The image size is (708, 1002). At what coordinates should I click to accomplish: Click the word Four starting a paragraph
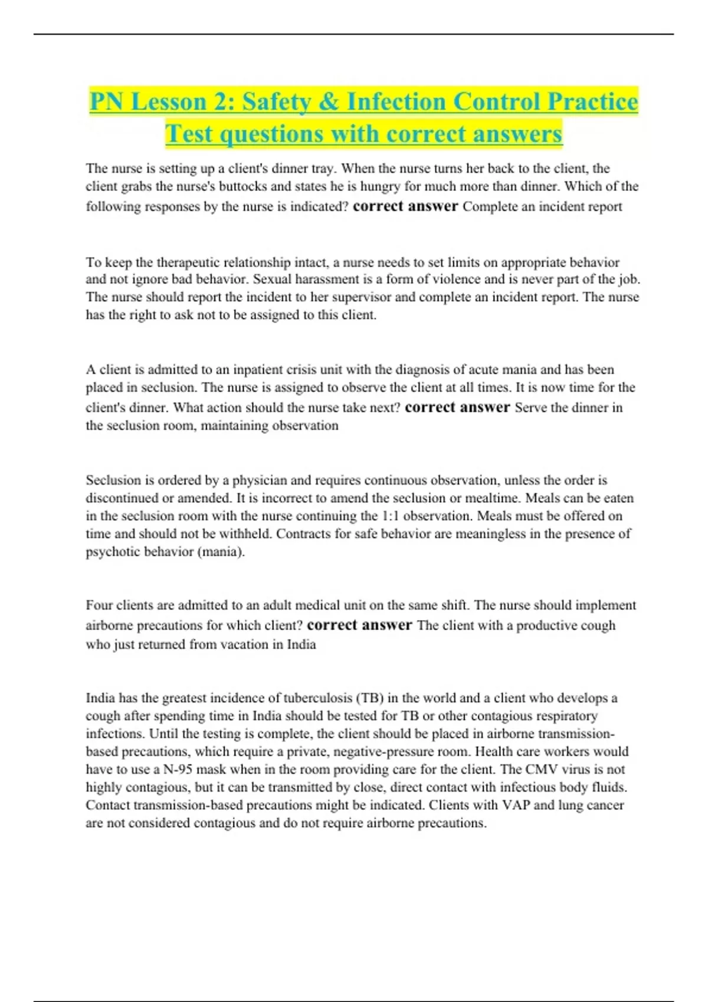point(99,605)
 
